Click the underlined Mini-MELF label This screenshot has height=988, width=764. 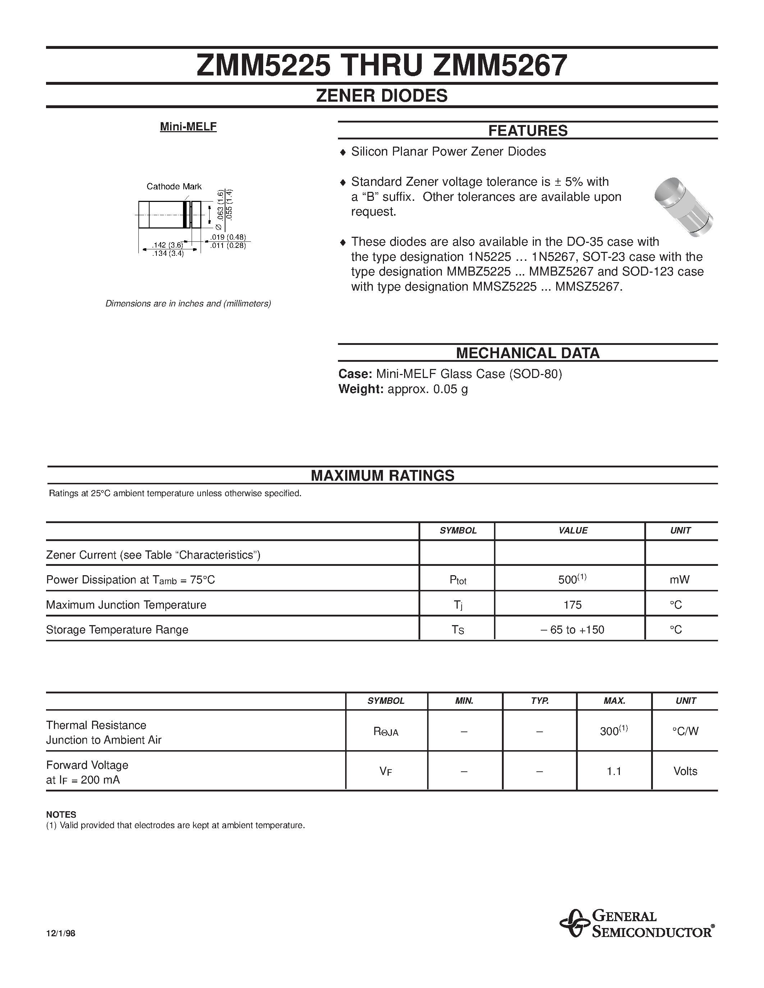(188, 127)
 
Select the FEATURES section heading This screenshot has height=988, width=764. (527, 131)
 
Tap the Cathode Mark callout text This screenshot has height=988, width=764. (174, 186)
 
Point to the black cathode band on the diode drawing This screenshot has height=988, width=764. (185, 214)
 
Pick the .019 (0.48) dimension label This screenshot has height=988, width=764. (228, 237)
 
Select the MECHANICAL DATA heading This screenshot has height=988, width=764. (527, 353)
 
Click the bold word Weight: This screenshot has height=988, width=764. (361, 389)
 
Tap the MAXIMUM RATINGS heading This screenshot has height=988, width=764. (383, 475)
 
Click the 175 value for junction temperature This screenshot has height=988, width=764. (572, 605)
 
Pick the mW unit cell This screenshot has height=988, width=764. (680, 580)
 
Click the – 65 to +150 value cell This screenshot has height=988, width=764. (572, 630)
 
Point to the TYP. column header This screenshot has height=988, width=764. (540, 701)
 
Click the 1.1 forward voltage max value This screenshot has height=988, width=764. (614, 771)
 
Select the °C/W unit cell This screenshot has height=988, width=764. (685, 731)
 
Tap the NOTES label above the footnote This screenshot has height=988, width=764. (61, 815)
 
